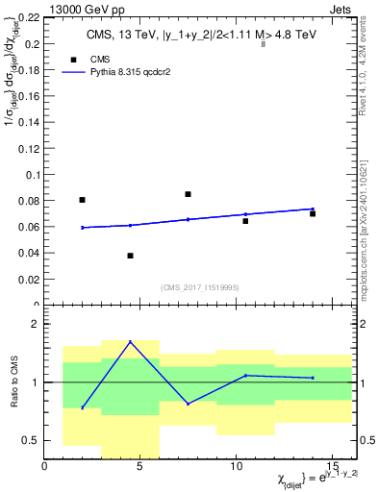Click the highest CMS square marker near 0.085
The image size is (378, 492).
(188, 194)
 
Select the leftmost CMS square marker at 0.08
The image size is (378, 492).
(82, 200)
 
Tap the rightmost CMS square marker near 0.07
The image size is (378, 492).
(313, 213)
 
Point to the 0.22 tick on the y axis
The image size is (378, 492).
(30, 18)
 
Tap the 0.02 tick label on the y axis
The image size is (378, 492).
(30, 280)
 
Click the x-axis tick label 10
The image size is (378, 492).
(236, 467)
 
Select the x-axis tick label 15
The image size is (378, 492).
(331, 467)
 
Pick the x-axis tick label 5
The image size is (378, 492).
(140, 467)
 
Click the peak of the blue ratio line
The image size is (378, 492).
(130, 341)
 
